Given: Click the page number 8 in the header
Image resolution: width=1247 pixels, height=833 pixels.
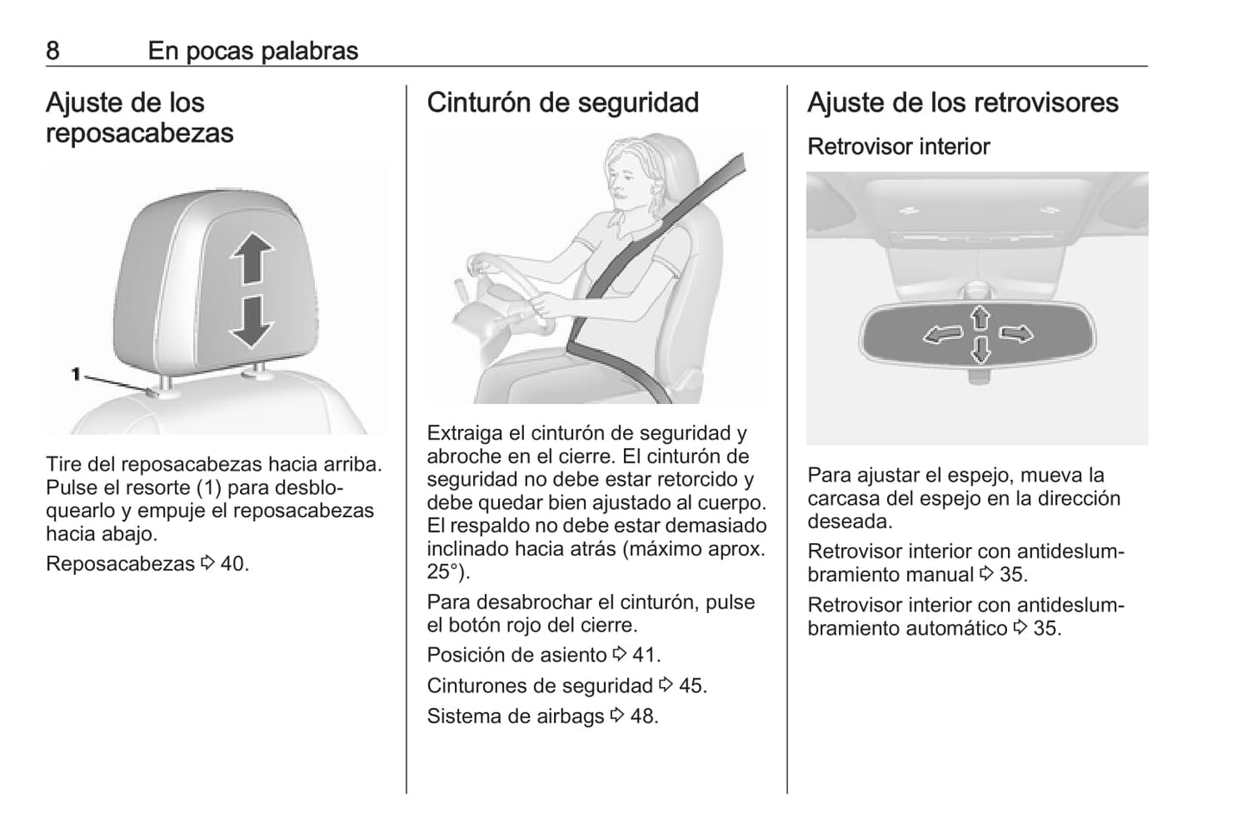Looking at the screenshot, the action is coord(53,51).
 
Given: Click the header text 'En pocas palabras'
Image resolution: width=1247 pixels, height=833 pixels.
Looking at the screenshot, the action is coord(253,51).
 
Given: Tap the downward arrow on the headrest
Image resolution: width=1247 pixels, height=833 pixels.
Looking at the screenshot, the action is coord(252,322).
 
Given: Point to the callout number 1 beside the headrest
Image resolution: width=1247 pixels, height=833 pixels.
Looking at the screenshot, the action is coord(76,374).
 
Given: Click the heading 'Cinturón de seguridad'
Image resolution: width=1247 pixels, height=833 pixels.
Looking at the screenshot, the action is coord(563,103).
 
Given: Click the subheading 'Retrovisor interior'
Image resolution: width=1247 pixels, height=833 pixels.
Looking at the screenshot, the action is coord(898,147).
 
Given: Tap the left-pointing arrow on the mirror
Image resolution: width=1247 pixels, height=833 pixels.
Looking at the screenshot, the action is coord(942,335).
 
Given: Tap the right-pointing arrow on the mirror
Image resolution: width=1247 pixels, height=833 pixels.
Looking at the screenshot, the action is coord(1016,333).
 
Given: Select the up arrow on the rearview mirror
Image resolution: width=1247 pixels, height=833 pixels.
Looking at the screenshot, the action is coord(980,318).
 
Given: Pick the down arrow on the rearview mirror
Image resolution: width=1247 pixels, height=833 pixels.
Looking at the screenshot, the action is coord(980,350).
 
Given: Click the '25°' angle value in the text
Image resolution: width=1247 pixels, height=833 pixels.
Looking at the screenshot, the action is coord(442,571).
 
